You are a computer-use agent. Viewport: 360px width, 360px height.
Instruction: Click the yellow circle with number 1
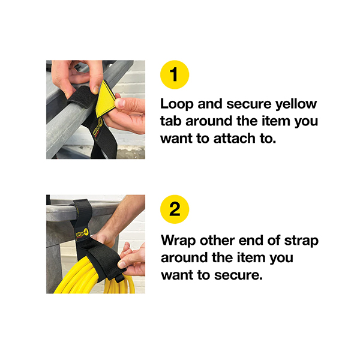click(x=175, y=74)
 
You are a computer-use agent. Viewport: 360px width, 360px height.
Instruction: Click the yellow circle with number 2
click(x=175, y=209)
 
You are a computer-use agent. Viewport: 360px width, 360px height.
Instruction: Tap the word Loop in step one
click(x=177, y=104)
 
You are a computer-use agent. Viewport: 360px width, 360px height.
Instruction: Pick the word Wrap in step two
click(x=178, y=241)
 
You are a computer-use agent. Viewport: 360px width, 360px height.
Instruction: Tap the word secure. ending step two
click(x=239, y=275)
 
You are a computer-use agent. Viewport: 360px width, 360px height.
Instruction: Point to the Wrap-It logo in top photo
click(x=98, y=127)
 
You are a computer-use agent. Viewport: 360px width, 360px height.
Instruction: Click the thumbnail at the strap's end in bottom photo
click(x=122, y=264)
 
